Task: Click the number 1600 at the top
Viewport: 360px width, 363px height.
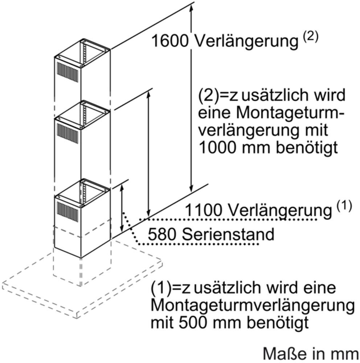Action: pos(170,41)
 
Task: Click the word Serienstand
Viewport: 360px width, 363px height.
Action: pos(228,234)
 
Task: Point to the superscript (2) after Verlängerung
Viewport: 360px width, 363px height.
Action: pos(311,37)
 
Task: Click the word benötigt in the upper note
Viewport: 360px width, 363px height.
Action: pos(307,147)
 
